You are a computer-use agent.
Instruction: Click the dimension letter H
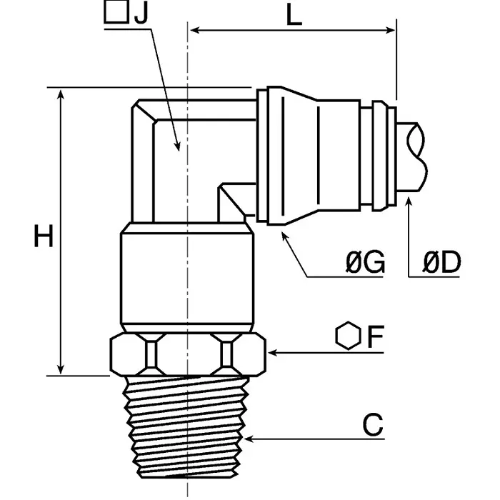(44, 236)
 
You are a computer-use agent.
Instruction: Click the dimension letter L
(294, 16)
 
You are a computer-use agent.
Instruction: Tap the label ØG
(364, 264)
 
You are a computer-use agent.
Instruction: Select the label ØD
(441, 264)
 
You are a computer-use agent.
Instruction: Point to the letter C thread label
(373, 426)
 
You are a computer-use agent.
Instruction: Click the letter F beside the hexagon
(376, 337)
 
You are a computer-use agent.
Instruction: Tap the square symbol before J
(113, 12)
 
